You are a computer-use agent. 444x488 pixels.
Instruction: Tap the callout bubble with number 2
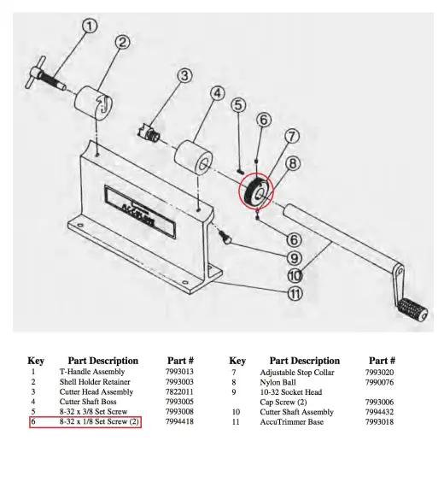click(x=122, y=42)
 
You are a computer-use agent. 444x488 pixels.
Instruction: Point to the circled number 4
click(x=217, y=92)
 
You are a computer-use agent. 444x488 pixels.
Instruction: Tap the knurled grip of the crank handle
click(x=413, y=308)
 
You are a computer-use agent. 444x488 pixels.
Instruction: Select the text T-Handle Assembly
click(x=91, y=372)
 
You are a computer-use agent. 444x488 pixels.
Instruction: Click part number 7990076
click(x=380, y=382)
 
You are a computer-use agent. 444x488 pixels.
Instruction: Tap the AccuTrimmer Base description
click(x=293, y=421)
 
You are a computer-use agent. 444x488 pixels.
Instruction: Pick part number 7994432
click(x=380, y=412)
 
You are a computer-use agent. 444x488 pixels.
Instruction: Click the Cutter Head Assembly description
click(x=96, y=391)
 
